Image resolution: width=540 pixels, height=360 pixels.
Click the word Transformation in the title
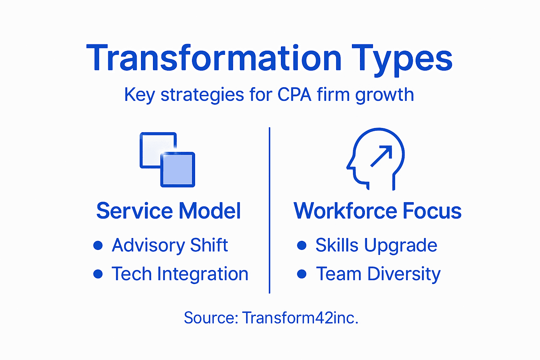[214, 58]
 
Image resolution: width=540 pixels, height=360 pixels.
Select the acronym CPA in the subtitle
[294, 95]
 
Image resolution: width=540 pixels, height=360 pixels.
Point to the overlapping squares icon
[167, 160]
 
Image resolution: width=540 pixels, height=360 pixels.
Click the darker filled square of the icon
[178, 170]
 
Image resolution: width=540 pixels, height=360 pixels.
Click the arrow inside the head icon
[381, 156]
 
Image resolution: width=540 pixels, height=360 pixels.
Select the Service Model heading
[168, 211]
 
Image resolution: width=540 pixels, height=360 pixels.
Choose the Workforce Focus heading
[377, 211]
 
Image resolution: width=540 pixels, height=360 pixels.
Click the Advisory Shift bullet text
[170, 245]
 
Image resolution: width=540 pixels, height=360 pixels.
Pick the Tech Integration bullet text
[180, 274]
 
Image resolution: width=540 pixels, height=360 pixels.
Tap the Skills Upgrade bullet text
[376, 245]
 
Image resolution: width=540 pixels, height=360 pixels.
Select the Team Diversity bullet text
[378, 274]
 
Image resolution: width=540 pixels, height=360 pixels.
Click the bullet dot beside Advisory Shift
[98, 245]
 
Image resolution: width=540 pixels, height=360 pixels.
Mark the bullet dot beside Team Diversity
[302, 274]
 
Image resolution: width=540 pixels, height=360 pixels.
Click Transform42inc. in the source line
[300, 318]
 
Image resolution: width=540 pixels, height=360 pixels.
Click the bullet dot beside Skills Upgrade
[302, 245]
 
